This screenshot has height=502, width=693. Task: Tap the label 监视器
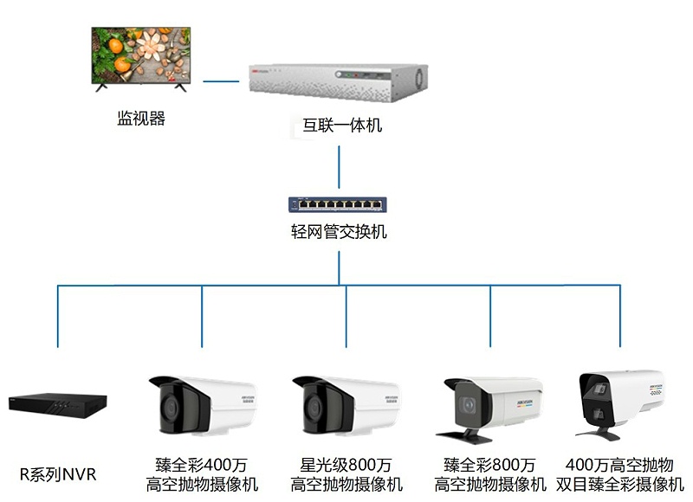point(141,119)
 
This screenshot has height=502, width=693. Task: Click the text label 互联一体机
point(343,126)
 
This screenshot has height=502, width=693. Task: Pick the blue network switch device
point(338,205)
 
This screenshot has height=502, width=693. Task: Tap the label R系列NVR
point(58,473)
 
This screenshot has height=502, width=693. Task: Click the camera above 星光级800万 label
point(346,404)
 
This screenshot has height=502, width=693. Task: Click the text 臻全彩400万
point(202,466)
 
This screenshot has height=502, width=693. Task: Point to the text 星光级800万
point(346,466)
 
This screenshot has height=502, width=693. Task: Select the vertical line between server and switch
point(339,170)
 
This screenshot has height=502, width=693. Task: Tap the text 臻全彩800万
point(490,466)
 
